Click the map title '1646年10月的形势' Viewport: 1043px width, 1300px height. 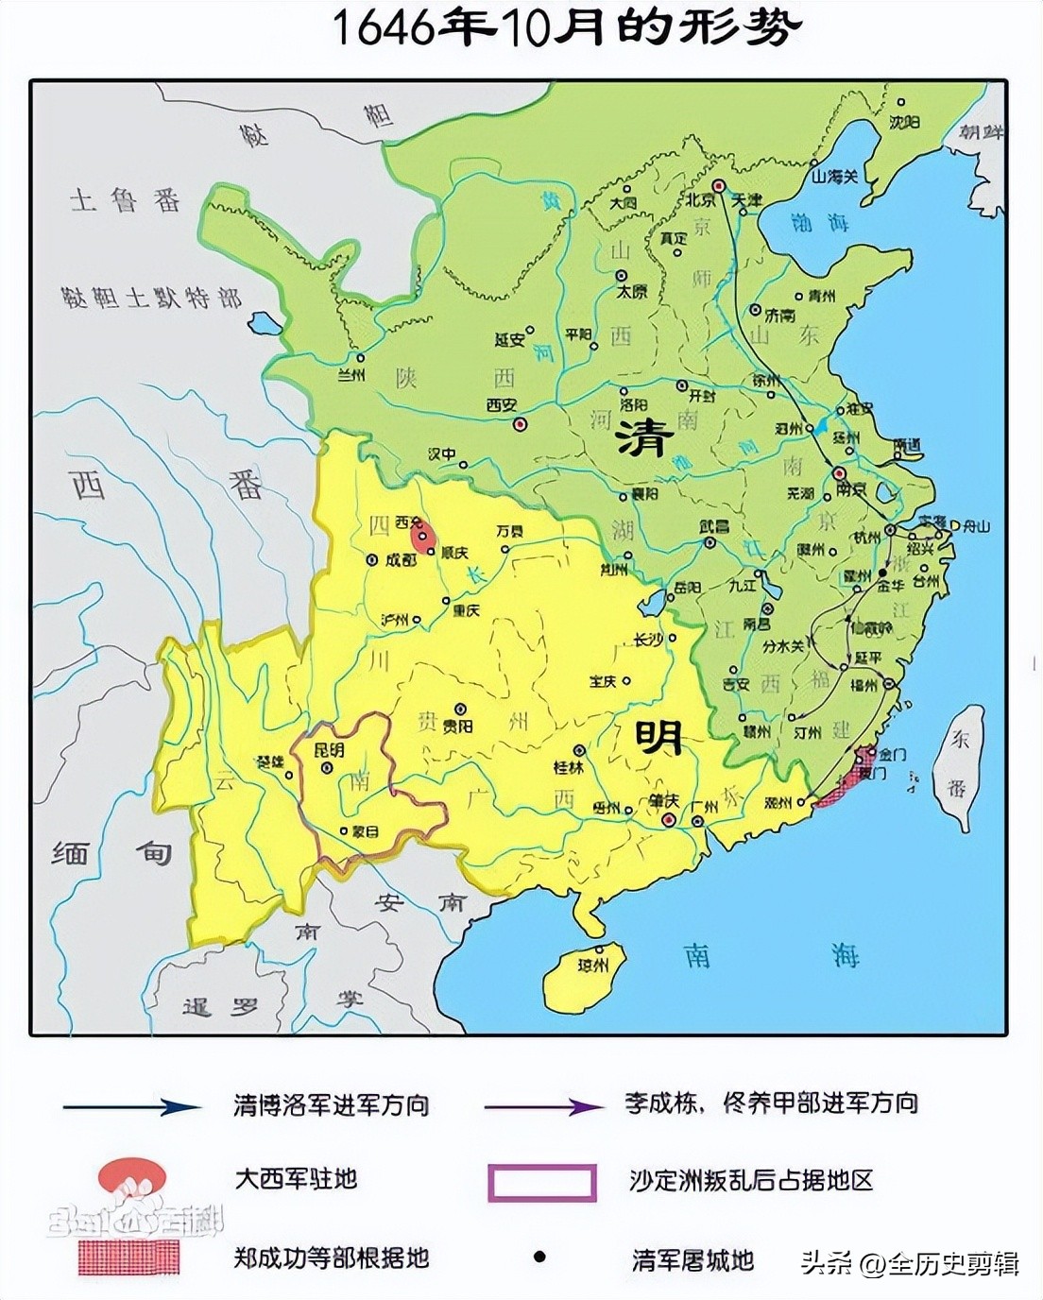[566, 28]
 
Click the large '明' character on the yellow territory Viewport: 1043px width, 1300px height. [658, 736]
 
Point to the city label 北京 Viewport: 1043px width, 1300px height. [699, 200]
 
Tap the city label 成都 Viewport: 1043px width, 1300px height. [400, 558]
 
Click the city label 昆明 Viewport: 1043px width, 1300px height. [329, 751]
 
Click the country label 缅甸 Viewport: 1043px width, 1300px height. [111, 853]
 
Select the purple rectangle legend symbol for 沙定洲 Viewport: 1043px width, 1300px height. [541, 1181]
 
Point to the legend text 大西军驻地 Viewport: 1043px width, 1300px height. [296, 1179]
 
